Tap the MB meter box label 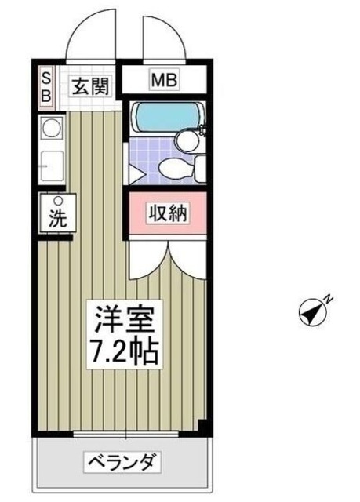[165, 79]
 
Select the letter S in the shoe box [46, 78]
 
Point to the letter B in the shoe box [46, 95]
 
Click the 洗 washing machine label [58, 220]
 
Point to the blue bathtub [157, 118]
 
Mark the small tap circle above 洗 [57, 201]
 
